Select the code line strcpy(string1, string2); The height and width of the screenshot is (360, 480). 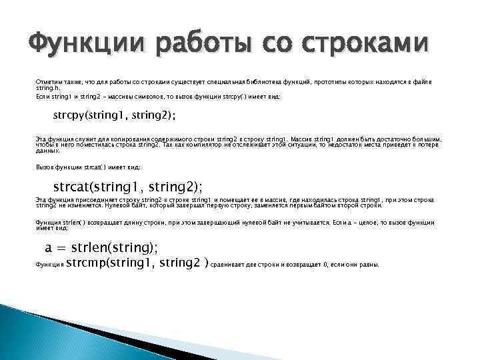click(114, 115)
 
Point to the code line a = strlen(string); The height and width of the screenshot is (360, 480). click(101, 247)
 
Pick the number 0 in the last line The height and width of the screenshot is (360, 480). click(325, 265)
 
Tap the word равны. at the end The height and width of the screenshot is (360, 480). click(367, 265)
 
